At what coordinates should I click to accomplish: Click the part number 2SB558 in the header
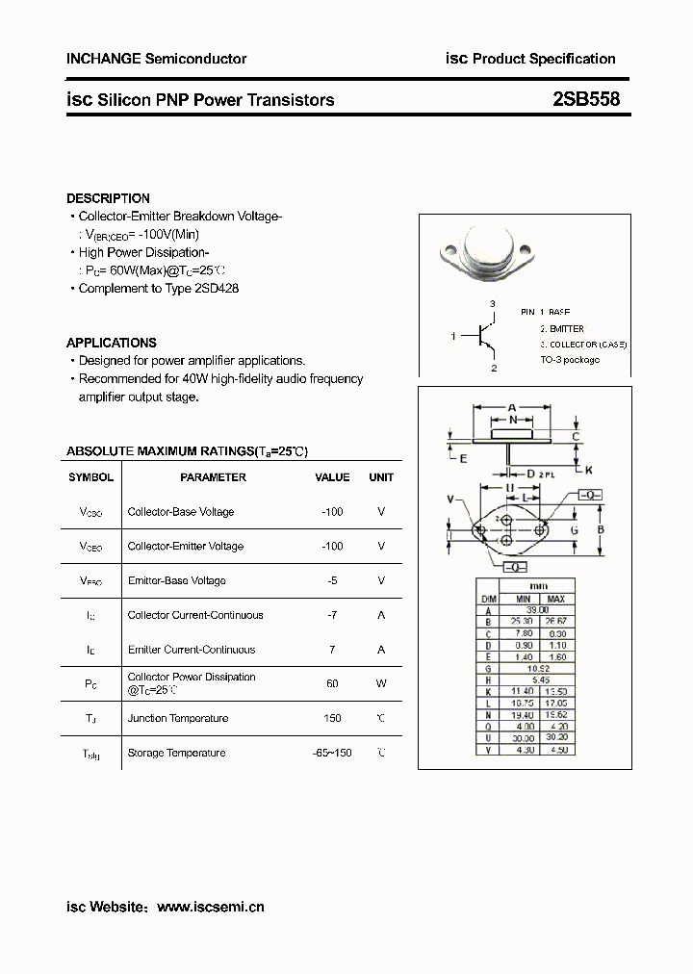(587, 99)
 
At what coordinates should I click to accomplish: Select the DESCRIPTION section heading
(108, 198)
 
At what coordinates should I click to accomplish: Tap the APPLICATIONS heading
(111, 343)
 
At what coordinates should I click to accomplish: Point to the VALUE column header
(332, 477)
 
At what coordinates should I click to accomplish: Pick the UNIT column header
(381, 477)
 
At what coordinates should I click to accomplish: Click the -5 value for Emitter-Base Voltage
(332, 580)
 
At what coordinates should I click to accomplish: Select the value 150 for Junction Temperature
(332, 719)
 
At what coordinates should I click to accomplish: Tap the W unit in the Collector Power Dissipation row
(381, 683)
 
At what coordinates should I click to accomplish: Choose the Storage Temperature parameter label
(177, 753)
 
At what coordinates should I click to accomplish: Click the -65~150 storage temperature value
(332, 753)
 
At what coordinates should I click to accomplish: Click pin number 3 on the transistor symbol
(492, 304)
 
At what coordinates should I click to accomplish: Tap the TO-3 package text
(569, 359)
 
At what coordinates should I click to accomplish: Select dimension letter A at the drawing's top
(512, 407)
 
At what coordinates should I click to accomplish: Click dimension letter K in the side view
(589, 469)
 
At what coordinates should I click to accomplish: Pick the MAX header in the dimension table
(555, 598)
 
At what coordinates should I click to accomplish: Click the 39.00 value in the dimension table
(536, 609)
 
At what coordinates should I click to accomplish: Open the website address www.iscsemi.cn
(210, 907)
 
